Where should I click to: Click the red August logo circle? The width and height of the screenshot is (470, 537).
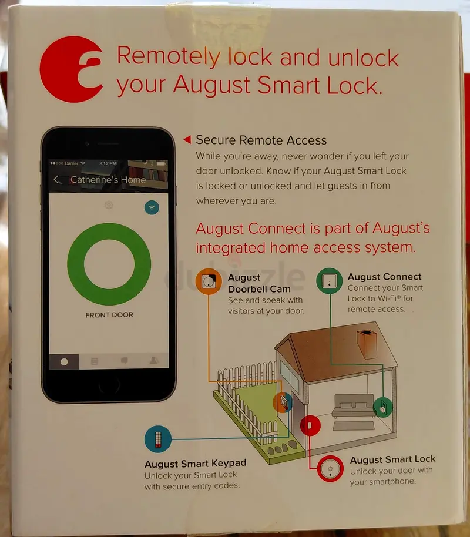(x=71, y=69)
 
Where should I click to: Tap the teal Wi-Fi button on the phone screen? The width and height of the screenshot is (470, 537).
(x=152, y=207)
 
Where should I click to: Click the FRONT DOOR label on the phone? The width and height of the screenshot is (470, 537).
(x=109, y=315)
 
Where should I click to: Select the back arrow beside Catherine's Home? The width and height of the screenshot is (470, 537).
(x=57, y=179)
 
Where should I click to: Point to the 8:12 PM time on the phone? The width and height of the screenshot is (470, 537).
(x=108, y=163)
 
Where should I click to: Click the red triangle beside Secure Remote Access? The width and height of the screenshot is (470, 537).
(x=187, y=139)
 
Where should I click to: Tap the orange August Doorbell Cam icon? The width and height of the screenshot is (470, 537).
(x=209, y=281)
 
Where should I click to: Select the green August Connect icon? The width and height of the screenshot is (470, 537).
(x=329, y=281)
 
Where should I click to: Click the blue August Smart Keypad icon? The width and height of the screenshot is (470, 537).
(x=158, y=439)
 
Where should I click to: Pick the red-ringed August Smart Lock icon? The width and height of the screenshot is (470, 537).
(x=330, y=468)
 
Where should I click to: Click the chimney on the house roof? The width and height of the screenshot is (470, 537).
(x=367, y=344)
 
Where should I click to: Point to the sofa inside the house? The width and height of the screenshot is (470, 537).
(x=353, y=406)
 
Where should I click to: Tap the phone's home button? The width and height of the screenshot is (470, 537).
(x=109, y=385)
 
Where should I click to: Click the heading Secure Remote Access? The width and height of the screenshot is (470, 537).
(x=261, y=140)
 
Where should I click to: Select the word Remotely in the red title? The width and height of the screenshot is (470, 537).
(x=169, y=56)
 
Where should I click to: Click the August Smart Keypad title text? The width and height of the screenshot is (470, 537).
(x=195, y=464)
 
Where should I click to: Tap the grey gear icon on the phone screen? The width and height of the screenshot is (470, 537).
(x=109, y=205)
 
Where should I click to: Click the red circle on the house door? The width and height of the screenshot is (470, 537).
(x=310, y=425)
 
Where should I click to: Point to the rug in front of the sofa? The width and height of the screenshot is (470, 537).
(x=354, y=426)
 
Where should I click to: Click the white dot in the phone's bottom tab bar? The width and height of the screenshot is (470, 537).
(x=64, y=362)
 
